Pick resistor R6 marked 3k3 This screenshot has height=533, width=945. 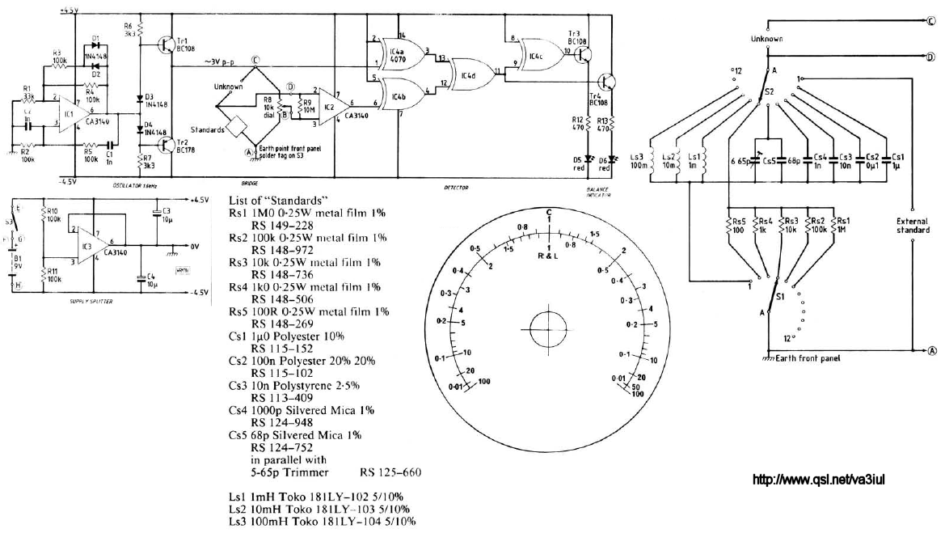point(140,30)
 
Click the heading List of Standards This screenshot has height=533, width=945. point(278,200)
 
